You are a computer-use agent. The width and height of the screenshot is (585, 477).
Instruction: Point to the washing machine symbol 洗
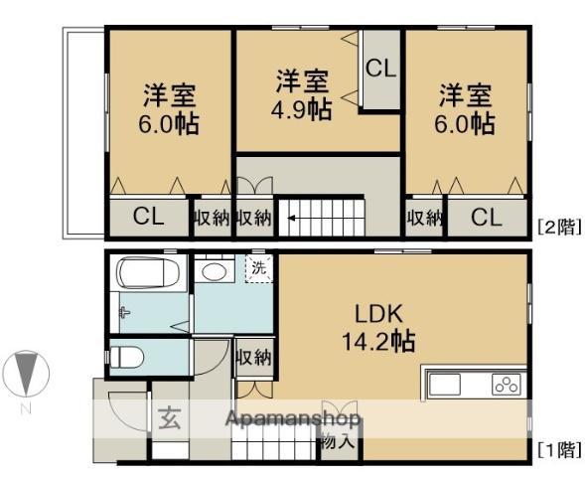257,266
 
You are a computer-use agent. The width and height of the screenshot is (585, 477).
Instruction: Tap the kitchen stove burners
507,384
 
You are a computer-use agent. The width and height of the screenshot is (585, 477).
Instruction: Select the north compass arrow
27,376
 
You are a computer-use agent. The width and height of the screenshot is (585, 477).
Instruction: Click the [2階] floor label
556,226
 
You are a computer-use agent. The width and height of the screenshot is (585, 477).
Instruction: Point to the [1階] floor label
556,449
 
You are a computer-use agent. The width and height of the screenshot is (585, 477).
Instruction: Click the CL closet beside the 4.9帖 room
378,69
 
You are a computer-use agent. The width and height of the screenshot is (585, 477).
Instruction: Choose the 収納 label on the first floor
254,355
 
